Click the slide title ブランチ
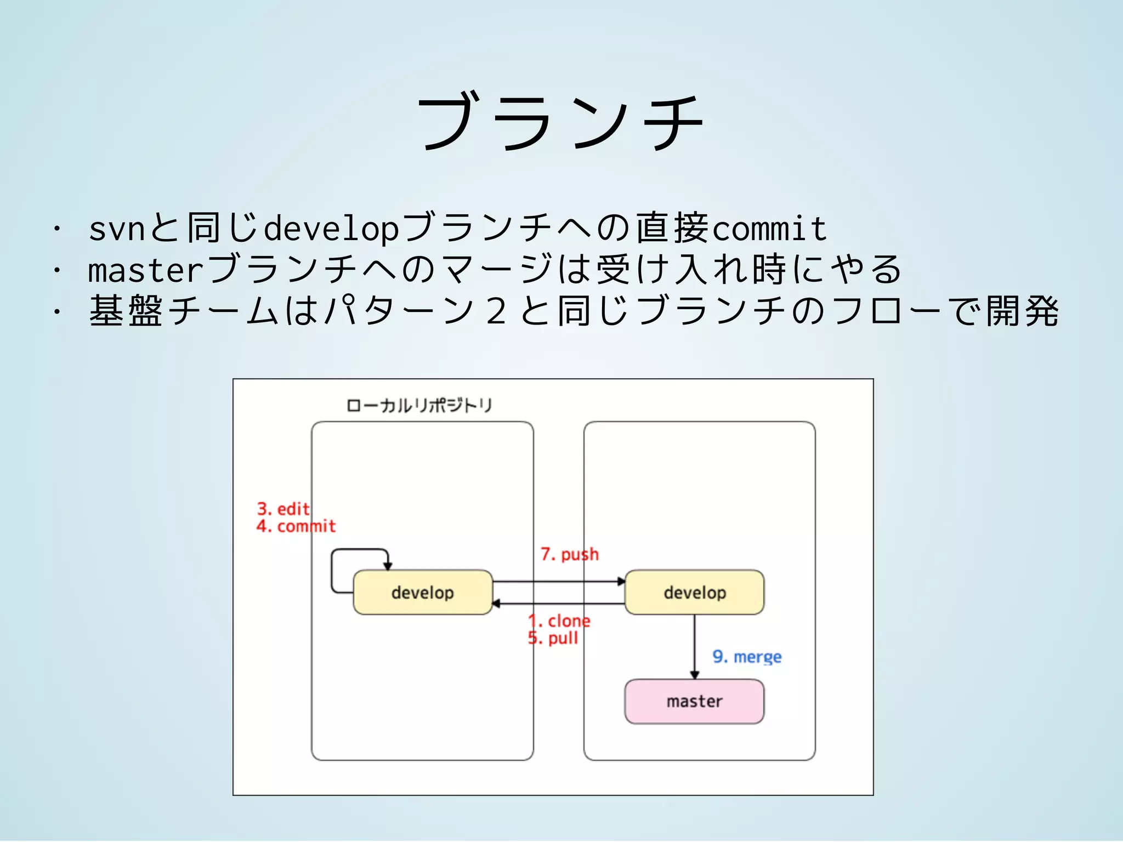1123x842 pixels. coord(560,122)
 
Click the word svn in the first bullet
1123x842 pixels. coord(117,229)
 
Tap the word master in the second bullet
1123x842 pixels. coord(146,271)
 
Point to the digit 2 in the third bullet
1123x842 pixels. coord(495,311)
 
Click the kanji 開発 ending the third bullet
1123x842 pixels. coord(1022,311)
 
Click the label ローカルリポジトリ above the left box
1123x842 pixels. coord(419,406)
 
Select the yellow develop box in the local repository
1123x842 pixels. coord(423,593)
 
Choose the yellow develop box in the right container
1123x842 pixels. coord(694,593)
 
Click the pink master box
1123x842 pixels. coord(694,702)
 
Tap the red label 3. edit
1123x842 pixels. coord(283,509)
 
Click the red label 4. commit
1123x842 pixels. coord(296,526)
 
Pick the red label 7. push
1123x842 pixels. coord(569,554)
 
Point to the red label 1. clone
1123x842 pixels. coord(559,621)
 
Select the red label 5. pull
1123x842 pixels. coord(553,638)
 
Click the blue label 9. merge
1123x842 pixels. coord(747,657)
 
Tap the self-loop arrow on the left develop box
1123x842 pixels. coord(332,570)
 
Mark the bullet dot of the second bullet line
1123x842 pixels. coord(56,270)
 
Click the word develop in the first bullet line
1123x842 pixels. coord(331,229)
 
